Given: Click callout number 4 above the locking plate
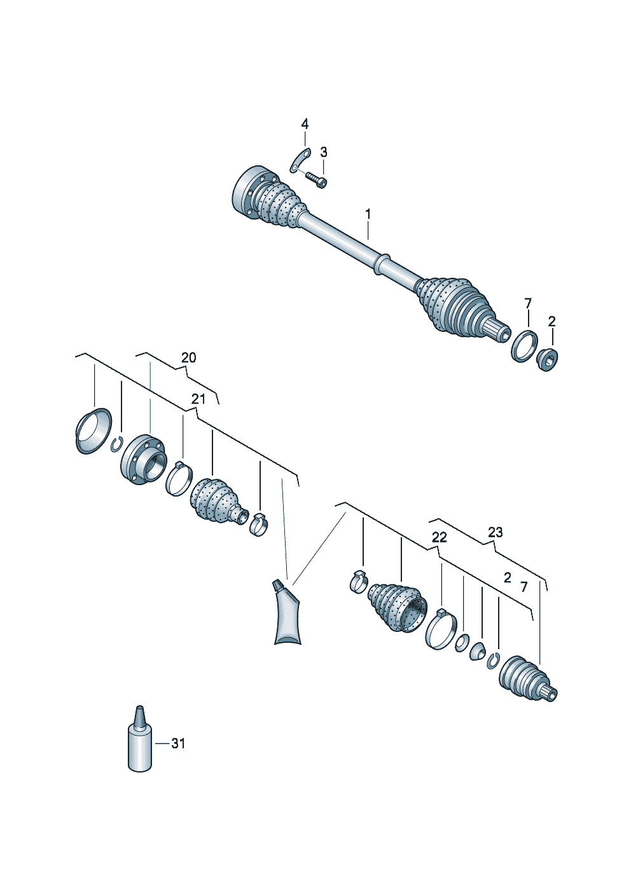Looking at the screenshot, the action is (304, 124).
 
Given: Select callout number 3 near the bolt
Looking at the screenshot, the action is (324, 152).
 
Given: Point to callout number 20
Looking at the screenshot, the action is (188, 357).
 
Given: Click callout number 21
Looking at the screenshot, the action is (198, 399).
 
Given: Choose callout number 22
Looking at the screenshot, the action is (440, 538).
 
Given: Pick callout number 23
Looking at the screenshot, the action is (495, 532).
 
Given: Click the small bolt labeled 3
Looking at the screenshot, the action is (317, 179).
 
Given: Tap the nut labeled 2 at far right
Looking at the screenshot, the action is (547, 359).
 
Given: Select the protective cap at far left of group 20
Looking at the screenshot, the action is (94, 431).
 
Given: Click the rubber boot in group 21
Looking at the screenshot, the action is (219, 501).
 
